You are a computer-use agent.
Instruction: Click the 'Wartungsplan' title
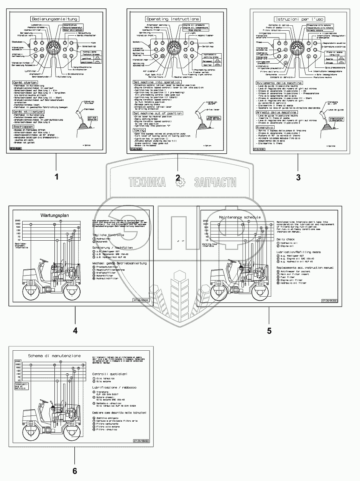[54, 216]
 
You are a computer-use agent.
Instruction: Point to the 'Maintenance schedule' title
[240, 217]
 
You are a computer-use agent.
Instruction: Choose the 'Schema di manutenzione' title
[54, 356]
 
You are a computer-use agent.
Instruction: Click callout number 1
[57, 177]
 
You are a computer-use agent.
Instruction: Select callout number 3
[298, 177]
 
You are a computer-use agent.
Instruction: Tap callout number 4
[75, 330]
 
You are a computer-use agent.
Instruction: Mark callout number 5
[269, 330]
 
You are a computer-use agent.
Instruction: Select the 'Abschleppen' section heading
[23, 126]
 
